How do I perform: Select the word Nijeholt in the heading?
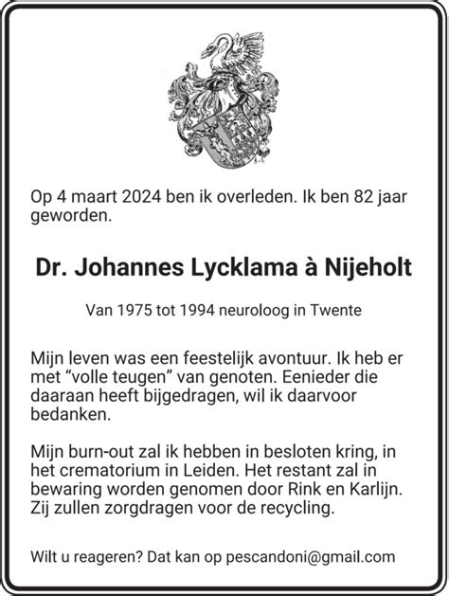tap(369, 268)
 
